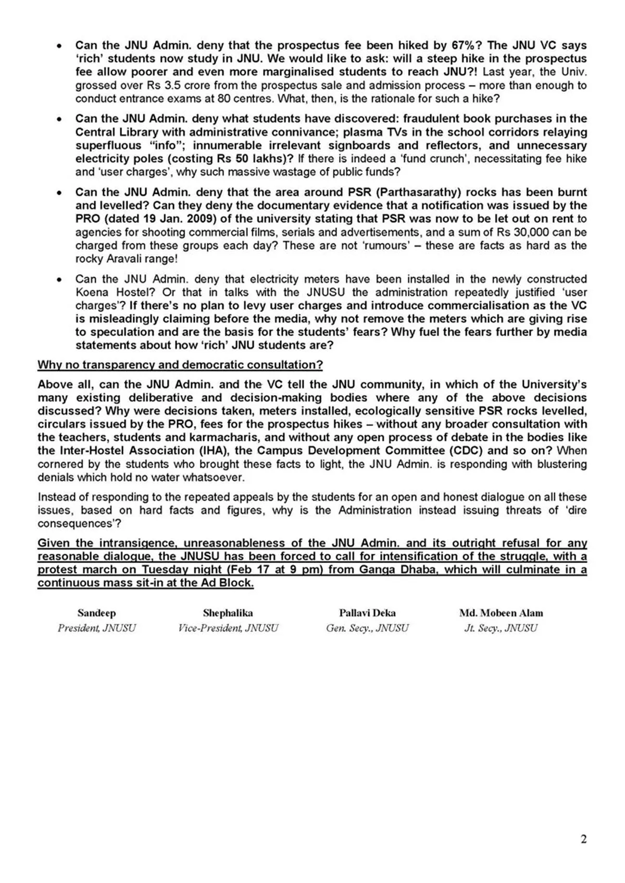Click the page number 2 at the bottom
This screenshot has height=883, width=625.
pyautogui.click(x=583, y=839)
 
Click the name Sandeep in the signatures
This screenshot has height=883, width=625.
pyautogui.click(x=96, y=613)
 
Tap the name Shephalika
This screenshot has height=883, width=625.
pyautogui.click(x=228, y=613)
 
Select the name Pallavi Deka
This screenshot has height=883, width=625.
pyautogui.click(x=367, y=613)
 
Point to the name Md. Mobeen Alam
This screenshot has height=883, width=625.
pyautogui.click(x=501, y=613)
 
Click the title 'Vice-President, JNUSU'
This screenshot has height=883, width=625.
pyautogui.click(x=228, y=628)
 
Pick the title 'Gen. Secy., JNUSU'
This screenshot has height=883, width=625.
pyautogui.click(x=367, y=628)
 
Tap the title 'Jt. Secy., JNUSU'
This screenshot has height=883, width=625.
pyautogui.click(x=501, y=628)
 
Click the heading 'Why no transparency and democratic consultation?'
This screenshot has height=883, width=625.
pyautogui.click(x=180, y=365)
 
